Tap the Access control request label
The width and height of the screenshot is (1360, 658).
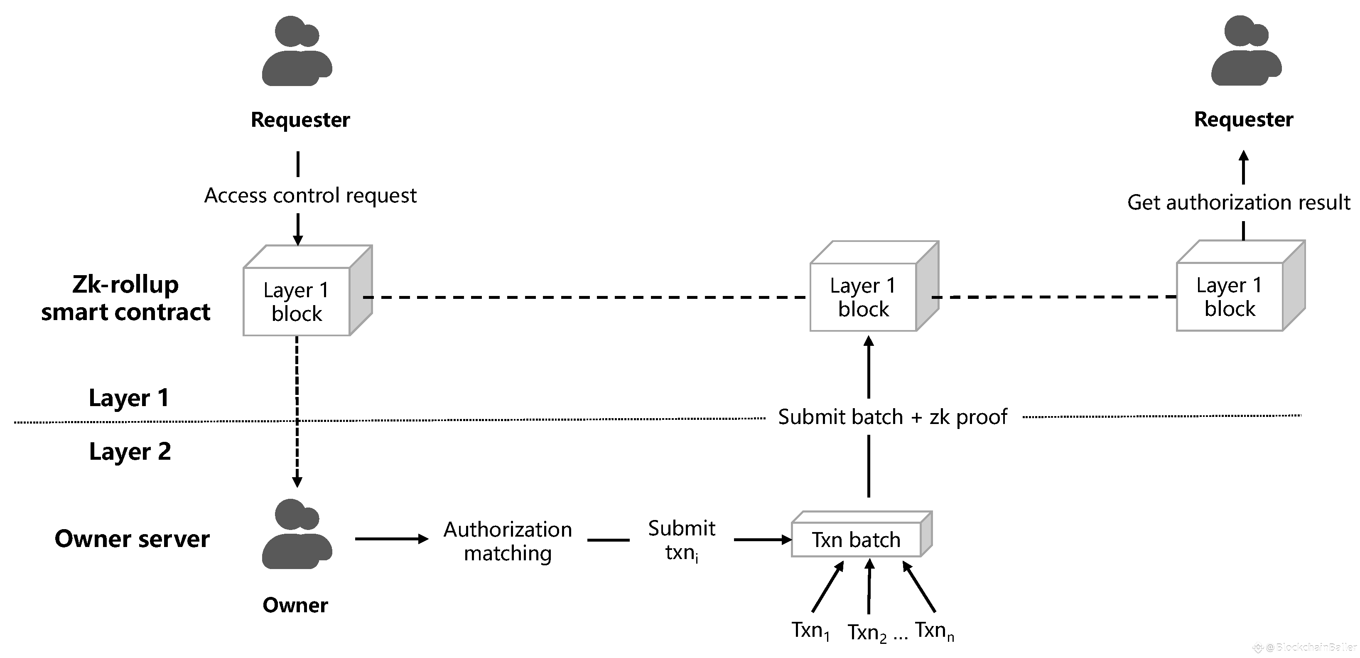(x=310, y=195)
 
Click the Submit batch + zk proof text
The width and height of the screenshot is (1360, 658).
(x=892, y=416)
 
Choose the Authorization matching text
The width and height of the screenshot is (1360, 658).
(x=507, y=541)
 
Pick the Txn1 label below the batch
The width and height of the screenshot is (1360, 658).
(x=810, y=631)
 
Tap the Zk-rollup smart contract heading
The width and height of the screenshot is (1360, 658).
(x=125, y=298)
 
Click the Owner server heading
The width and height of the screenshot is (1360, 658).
(x=132, y=539)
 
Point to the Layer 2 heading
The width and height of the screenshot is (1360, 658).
(x=130, y=451)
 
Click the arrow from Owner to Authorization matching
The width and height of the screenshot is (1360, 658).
(x=391, y=539)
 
